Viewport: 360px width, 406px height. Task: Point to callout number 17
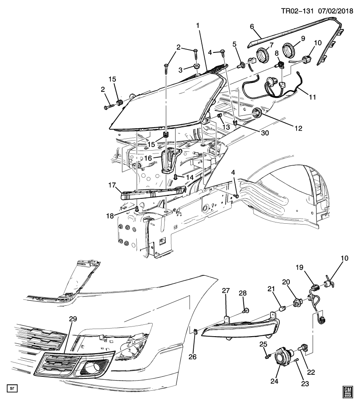(112, 185)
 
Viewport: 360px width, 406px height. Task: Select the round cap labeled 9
(289, 51)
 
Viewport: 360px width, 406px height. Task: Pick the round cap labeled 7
(264, 55)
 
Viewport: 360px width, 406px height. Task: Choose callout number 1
(198, 27)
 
